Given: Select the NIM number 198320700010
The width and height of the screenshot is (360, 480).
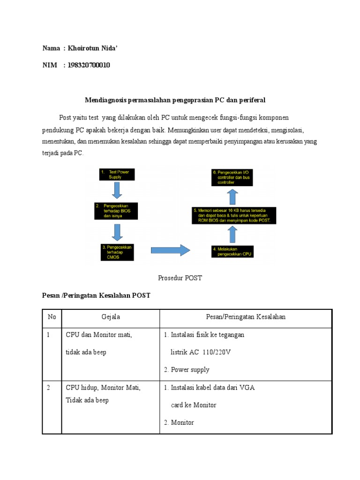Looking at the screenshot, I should click(x=89, y=65).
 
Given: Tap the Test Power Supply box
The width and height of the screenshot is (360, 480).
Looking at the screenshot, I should click(x=117, y=175).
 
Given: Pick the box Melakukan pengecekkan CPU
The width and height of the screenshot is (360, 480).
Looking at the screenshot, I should click(x=233, y=252).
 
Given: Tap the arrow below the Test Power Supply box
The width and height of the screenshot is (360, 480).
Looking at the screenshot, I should click(x=117, y=190).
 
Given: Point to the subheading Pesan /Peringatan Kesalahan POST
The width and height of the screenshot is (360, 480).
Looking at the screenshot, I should click(x=96, y=295).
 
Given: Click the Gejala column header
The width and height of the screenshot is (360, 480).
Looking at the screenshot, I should click(x=111, y=317).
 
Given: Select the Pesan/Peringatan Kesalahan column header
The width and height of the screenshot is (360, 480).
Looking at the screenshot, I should click(x=246, y=317).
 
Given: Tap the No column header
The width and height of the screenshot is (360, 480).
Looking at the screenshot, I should click(x=52, y=317).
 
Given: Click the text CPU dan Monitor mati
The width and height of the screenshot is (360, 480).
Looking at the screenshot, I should click(x=99, y=335).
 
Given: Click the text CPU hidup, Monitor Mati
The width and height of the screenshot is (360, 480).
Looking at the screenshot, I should click(x=103, y=388).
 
